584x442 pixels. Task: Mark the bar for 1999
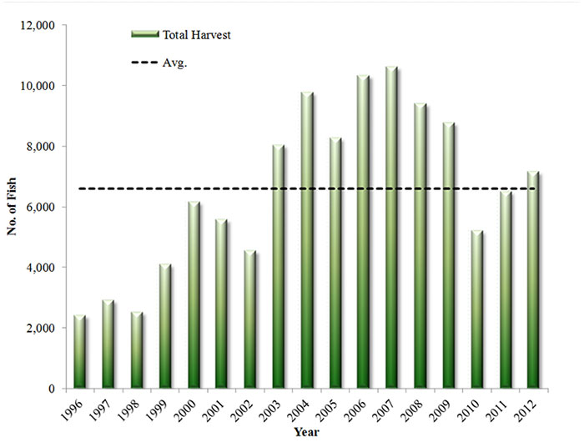tap(164, 326)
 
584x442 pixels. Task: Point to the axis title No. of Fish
tap(14, 207)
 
